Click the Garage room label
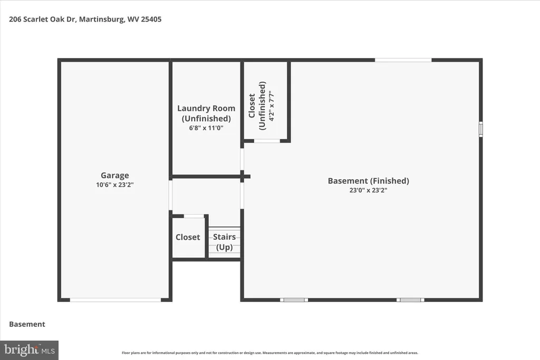coord(115,176)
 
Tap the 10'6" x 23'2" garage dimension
coord(115,185)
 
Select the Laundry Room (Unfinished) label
coord(206,113)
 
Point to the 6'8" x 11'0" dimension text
coord(206,127)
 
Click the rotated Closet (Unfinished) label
coord(257,105)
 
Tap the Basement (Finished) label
coord(368,181)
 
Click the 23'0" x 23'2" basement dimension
coord(368,191)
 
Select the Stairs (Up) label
coord(225,242)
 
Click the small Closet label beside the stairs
coord(188,237)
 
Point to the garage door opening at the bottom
coord(115,300)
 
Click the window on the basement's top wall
coord(403,60)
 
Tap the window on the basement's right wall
coord(480,129)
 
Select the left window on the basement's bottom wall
coord(294,300)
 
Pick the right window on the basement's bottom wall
coord(410,300)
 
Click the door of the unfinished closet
coord(267,141)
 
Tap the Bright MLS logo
coord(29,350)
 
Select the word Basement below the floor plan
coord(27,324)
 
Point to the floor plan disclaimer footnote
coord(270,353)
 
